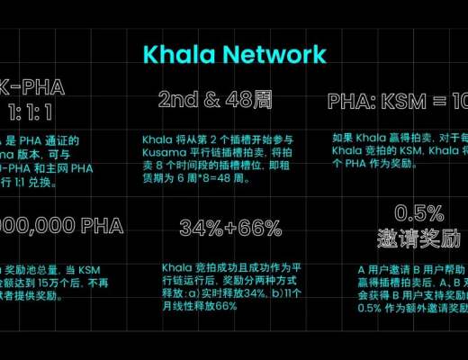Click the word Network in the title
point(275,54)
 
